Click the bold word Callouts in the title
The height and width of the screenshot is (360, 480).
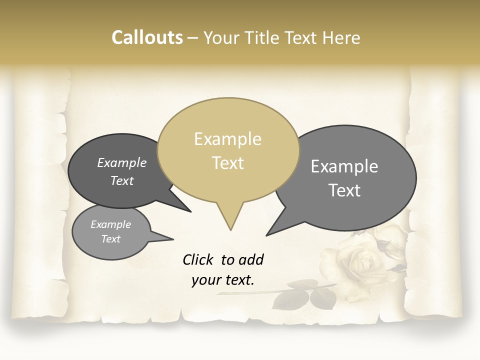click(147, 37)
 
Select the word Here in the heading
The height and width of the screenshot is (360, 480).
click(341, 37)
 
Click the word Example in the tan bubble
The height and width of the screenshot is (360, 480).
click(227, 139)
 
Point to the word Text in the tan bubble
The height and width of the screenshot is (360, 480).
click(228, 163)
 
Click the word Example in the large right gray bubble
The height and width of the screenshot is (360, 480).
click(344, 166)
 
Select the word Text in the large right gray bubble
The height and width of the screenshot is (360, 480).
click(344, 190)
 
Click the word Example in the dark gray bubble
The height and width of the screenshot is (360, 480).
click(122, 162)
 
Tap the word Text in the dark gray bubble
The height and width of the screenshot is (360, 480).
click(122, 180)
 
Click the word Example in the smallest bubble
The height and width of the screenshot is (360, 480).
click(110, 224)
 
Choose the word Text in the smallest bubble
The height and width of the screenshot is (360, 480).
click(110, 239)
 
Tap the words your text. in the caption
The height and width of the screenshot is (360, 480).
click(223, 280)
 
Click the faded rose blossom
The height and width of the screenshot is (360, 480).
click(362, 262)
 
